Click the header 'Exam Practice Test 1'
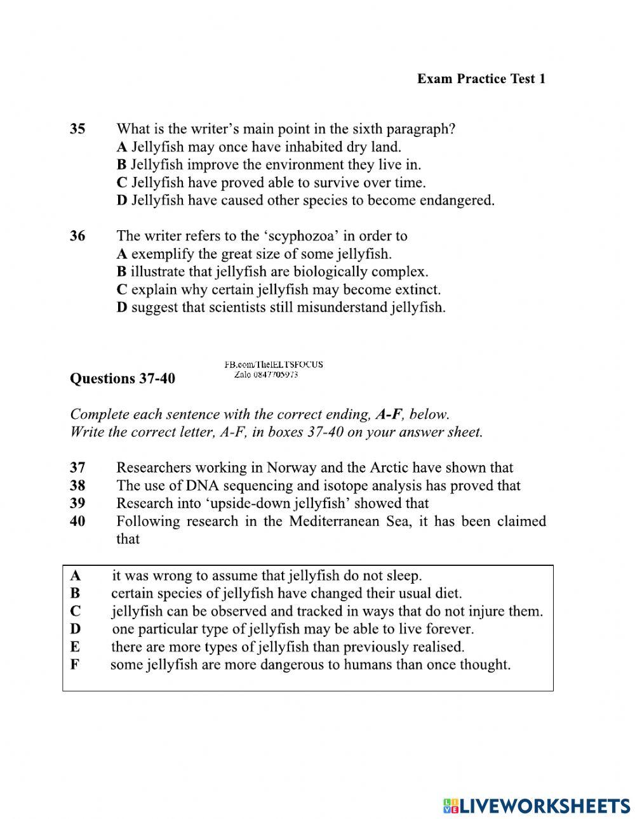481,79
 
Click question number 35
77,129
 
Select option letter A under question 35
122,147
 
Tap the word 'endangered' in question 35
460,200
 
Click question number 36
77,236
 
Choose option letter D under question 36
122,308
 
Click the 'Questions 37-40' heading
122,379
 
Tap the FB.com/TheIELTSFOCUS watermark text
274,365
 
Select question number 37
77,468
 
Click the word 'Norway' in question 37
291,468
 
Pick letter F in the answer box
75,665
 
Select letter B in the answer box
75,594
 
